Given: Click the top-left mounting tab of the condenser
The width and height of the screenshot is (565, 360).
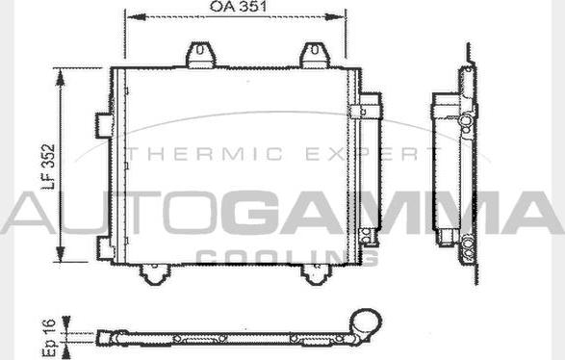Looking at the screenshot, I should click(201, 54).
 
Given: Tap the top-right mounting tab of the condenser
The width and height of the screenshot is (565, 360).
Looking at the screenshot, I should click(313, 54).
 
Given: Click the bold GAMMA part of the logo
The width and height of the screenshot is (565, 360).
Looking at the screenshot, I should click(398, 212).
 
